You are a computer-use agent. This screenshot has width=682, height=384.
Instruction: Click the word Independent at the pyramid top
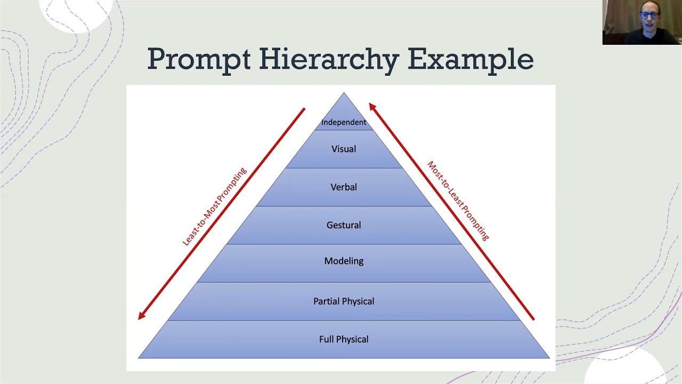[344, 122]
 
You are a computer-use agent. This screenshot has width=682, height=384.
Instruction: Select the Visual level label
[344, 149]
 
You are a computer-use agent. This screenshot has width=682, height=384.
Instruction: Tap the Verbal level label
[344, 187]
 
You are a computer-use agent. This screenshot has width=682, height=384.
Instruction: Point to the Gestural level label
[344, 225]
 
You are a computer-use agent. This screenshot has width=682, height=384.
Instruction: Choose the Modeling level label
[344, 261]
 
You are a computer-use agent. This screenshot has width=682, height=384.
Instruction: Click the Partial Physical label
[344, 301]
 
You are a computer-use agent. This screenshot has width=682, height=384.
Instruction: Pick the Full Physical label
[344, 339]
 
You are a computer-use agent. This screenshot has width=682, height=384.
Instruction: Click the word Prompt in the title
[199, 59]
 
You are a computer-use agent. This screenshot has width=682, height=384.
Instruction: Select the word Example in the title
[470, 59]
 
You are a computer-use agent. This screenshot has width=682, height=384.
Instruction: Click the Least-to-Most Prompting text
[215, 206]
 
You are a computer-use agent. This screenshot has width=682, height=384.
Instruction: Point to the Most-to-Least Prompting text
[458, 201]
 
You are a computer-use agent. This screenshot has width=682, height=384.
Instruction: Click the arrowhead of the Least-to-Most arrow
[141, 317]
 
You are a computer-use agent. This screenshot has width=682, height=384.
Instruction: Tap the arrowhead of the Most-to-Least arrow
[372, 106]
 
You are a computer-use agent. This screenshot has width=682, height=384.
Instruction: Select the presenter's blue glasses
[648, 15]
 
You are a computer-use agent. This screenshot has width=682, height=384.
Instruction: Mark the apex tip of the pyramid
[344, 93]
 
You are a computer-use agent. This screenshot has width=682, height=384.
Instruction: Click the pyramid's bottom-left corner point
[139, 358]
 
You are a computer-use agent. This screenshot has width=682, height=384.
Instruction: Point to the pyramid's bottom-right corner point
[549, 358]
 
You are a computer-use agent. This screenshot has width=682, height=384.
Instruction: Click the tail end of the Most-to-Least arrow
[533, 319]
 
